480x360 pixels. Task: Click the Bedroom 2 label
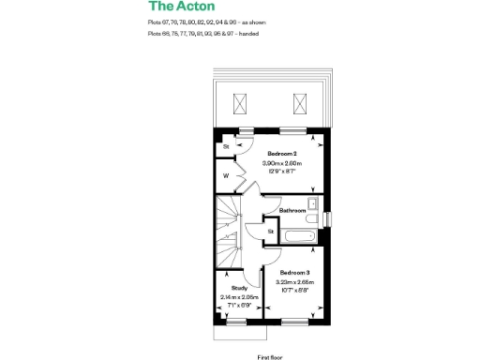point(281,154)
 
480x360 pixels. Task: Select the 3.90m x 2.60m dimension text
point(281,163)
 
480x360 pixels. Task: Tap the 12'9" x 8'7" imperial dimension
point(281,172)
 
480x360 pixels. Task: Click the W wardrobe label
point(226,175)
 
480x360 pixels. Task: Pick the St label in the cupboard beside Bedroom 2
point(226,147)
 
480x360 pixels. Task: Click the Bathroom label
point(292,211)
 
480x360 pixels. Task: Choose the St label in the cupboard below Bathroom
point(270,231)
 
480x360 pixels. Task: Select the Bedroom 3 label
point(293,273)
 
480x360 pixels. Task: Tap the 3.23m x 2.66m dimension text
point(294,282)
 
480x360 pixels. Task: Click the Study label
point(239,289)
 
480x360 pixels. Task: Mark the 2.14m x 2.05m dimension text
point(239,297)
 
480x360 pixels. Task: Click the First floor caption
point(270,356)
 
